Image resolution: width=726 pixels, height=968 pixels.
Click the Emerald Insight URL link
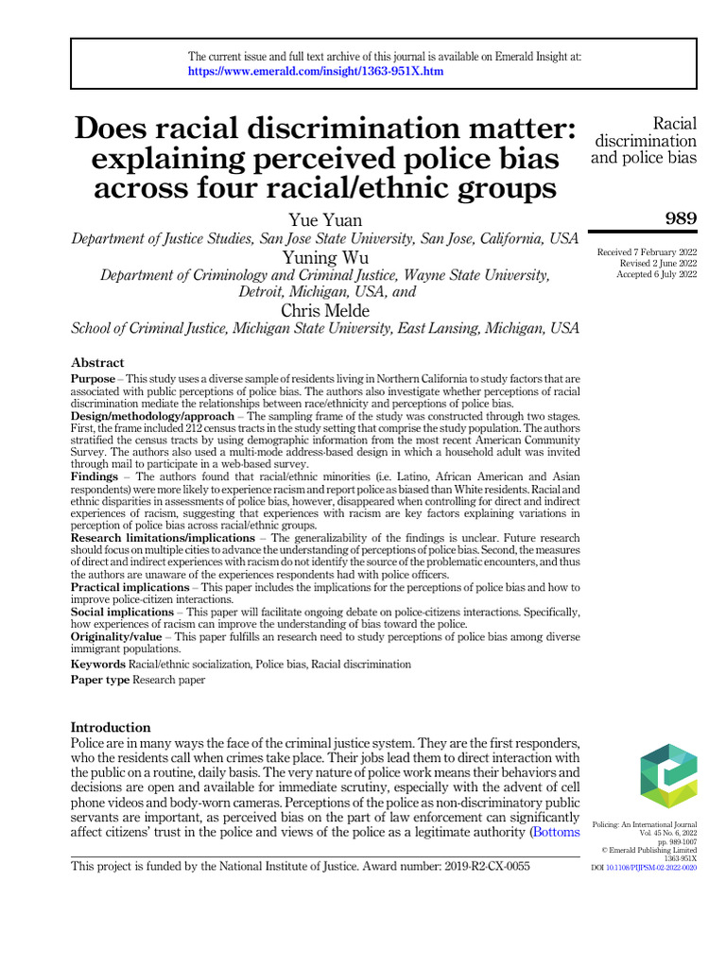point(316,71)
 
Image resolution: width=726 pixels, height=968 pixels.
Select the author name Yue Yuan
point(325,221)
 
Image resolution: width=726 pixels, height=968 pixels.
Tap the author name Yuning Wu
point(325,257)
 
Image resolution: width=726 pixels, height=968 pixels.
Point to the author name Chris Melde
point(325,311)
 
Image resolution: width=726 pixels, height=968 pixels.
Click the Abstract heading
point(97,363)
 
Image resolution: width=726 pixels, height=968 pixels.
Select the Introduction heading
point(111,727)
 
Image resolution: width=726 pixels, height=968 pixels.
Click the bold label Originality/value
point(115,637)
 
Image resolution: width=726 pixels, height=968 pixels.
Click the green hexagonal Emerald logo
point(668,776)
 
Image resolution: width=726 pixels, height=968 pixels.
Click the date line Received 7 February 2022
point(647,251)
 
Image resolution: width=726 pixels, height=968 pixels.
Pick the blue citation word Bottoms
point(556,832)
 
